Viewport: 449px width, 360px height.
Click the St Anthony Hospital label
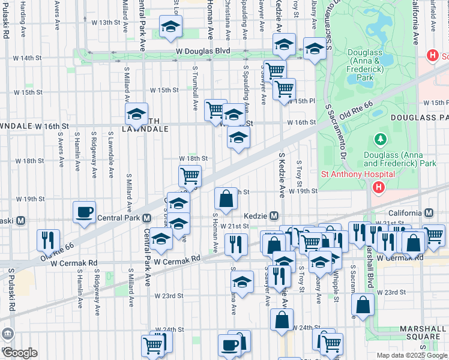tap(357, 175)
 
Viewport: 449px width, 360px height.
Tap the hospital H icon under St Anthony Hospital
tap(378, 188)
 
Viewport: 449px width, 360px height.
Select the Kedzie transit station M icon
tap(274, 216)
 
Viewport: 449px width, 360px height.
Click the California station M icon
tap(429, 213)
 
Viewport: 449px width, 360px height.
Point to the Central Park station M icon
tap(146, 218)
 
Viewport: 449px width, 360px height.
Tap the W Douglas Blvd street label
tap(203, 52)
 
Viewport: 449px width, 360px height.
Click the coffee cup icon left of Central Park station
tap(84, 212)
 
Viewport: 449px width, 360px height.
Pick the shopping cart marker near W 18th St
tap(190, 176)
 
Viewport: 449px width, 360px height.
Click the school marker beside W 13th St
tap(171, 27)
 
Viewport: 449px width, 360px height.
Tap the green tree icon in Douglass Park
tap(380, 140)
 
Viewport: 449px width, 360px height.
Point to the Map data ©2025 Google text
tap(411, 355)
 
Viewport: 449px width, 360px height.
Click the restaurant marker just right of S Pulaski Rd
tap(47, 239)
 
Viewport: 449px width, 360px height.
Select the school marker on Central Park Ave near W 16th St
tap(136, 113)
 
